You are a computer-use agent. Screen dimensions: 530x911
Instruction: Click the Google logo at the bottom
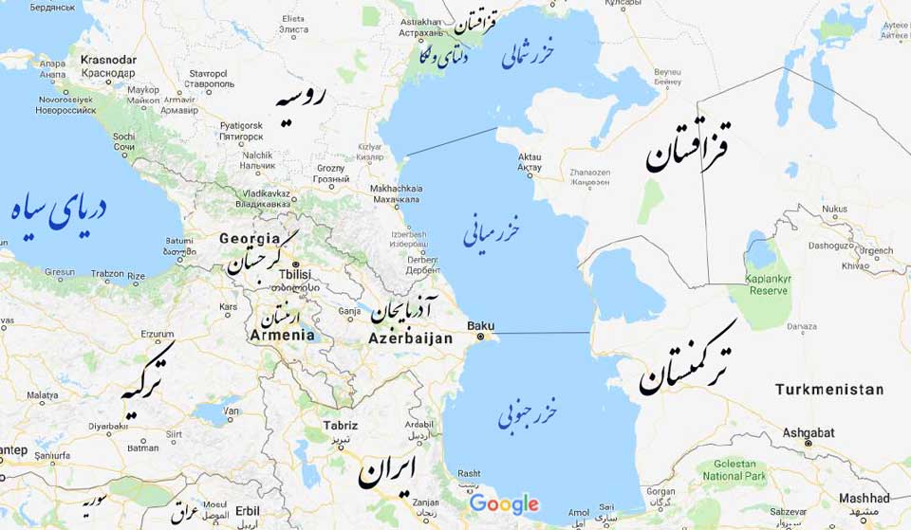pos(504,503)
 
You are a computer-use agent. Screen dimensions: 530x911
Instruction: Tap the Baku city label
pos(481,325)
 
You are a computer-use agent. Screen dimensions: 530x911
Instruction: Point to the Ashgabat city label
pos(809,432)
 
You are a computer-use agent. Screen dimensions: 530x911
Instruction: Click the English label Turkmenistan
pos(828,390)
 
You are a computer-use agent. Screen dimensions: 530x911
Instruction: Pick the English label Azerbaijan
pos(411,338)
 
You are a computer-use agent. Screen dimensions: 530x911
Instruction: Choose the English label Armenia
pos(282,335)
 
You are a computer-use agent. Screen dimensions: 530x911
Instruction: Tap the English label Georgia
pos(250,239)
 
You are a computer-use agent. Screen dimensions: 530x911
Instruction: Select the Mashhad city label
pos(865,498)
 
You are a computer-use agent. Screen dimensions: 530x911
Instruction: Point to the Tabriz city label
pos(340,426)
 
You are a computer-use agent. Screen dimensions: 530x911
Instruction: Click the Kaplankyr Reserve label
pos(769,284)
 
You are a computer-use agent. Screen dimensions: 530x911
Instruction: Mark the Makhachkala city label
pos(396,189)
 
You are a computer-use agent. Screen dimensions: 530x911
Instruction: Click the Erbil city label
pos(247,510)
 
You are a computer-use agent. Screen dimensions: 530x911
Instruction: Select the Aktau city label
pos(530,156)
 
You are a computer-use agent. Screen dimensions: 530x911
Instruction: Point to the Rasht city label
pos(468,474)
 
